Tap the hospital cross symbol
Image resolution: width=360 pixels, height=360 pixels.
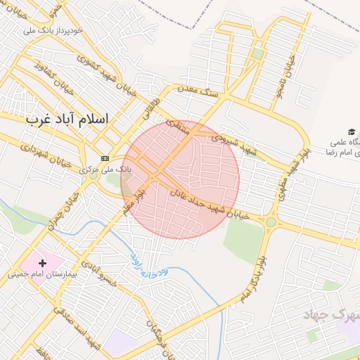[x=43, y=263]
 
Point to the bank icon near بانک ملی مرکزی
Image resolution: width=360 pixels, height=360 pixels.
[x=105, y=158]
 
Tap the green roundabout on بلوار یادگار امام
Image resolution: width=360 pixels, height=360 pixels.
[x=271, y=222]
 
